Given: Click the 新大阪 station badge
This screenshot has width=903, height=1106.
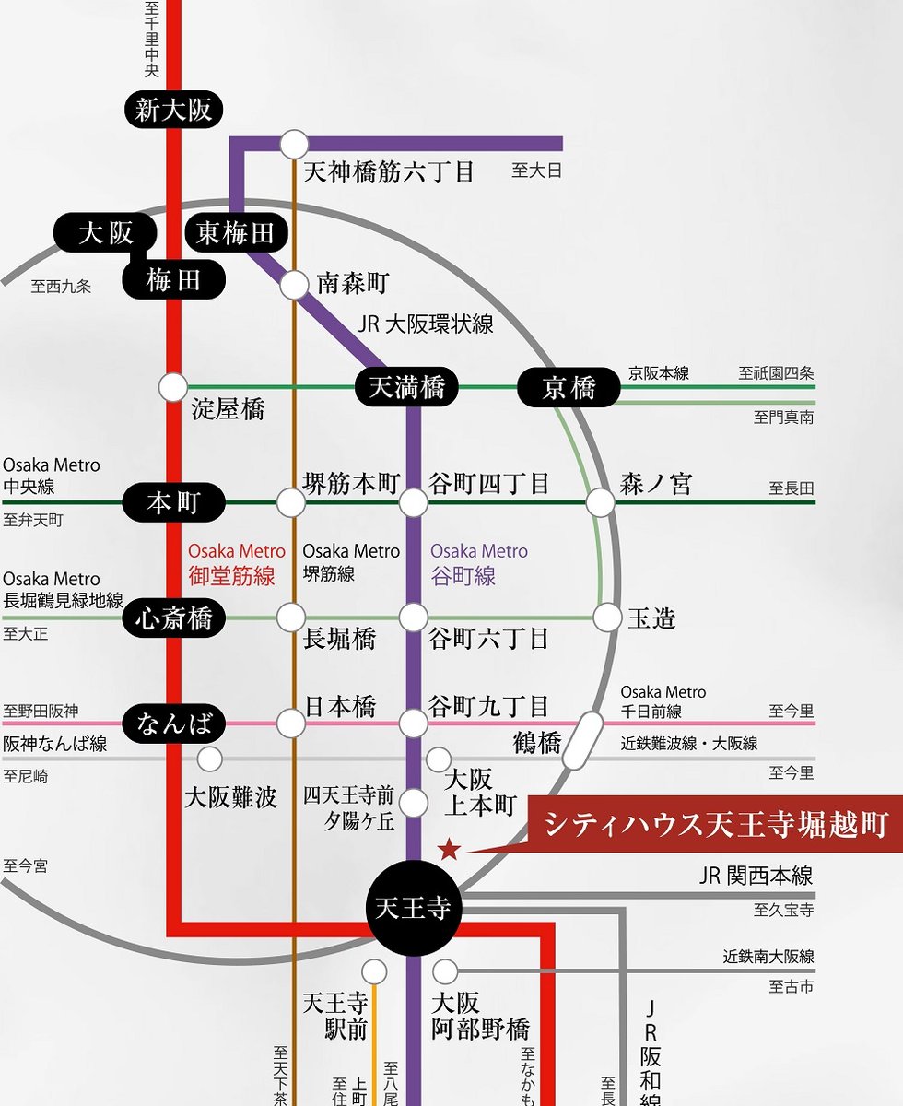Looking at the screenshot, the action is [173, 110].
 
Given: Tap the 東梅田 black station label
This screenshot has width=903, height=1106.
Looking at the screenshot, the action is [237, 232].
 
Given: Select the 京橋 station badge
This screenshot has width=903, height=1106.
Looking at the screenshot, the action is [569, 387].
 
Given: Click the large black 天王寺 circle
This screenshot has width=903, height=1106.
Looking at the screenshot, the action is [414, 908].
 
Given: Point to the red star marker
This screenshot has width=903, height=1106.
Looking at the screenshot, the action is [450, 849].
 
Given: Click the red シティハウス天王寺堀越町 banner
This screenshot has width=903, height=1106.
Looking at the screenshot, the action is [715, 824].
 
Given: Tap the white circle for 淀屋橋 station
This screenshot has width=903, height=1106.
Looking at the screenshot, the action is [173, 387].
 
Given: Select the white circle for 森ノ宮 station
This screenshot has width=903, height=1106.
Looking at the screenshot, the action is [601, 502].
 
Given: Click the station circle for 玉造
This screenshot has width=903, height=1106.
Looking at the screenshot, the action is [608, 618].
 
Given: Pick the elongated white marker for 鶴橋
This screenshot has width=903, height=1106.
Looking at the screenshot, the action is [582, 740].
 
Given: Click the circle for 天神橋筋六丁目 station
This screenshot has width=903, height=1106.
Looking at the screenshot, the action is [294, 144].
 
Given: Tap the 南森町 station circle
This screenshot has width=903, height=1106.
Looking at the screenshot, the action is [294, 286].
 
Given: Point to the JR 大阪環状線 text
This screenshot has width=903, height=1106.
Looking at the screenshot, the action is [426, 324].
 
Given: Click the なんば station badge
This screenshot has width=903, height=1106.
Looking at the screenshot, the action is [173, 724].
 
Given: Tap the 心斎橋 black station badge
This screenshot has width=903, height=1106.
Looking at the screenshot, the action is [173, 618].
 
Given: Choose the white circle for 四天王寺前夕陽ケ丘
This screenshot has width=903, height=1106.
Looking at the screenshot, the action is [414, 803].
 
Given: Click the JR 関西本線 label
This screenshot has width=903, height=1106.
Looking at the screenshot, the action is [756, 876].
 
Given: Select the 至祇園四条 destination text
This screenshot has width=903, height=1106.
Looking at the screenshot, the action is [776, 373].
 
